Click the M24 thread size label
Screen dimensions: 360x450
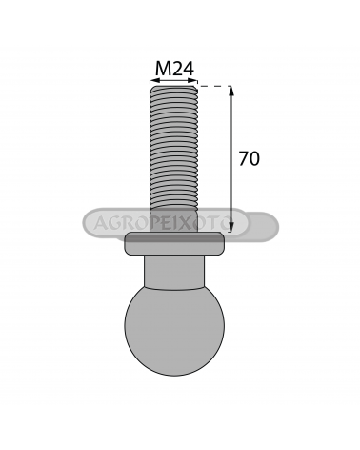[174, 68]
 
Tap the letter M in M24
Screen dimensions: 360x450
[163, 68]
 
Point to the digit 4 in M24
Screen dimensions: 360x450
[189, 68]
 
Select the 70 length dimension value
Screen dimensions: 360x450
[250, 158]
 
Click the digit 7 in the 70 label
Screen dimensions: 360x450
[244, 158]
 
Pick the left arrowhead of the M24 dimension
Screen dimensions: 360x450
[154, 81]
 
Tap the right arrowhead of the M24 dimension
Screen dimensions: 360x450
[193, 81]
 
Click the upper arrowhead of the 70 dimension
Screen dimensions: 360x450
[231, 91]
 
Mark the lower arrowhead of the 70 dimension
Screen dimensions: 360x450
[231, 227]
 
